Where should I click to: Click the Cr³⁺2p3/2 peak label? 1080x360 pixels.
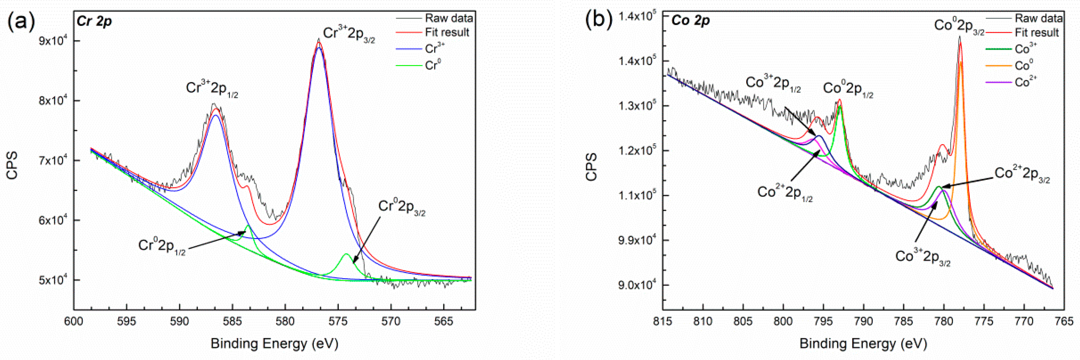click(x=349, y=34)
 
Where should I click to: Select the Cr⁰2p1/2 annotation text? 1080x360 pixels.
click(x=162, y=246)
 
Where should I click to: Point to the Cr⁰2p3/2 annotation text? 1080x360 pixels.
click(x=401, y=207)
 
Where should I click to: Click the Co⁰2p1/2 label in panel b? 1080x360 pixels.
click(x=848, y=89)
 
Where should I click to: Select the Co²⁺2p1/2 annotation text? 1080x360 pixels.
click(x=784, y=193)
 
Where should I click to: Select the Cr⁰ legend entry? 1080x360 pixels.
click(x=433, y=65)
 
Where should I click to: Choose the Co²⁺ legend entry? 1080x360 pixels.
click(x=1025, y=82)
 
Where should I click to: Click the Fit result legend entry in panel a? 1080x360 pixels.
click(x=447, y=32)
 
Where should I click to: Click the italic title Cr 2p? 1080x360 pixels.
click(x=94, y=21)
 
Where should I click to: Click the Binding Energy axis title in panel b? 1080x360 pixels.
click(x=863, y=343)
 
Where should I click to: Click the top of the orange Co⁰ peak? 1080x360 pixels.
click(x=961, y=63)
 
